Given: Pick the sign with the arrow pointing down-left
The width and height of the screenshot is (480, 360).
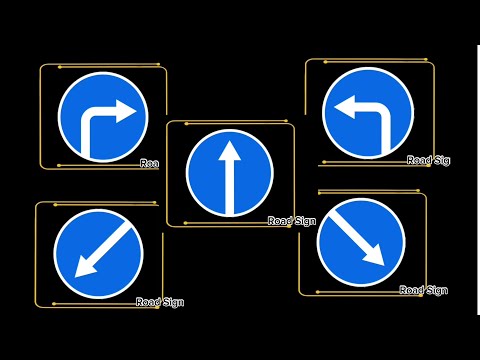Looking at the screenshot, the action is click(x=98, y=253).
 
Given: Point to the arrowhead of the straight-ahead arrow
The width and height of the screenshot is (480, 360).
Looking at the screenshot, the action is click(x=229, y=147).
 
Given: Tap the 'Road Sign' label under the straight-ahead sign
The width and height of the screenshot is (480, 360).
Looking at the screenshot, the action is click(x=292, y=221).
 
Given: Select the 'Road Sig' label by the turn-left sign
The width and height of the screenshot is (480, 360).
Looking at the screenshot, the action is click(x=427, y=160).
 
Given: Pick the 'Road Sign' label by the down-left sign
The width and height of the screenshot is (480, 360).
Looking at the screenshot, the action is click(x=160, y=302).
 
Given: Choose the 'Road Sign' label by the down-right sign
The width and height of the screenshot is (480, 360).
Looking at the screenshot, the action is click(x=423, y=290).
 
